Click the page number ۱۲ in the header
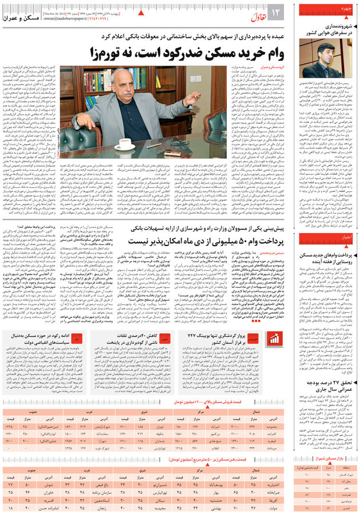[x=273, y=13]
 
